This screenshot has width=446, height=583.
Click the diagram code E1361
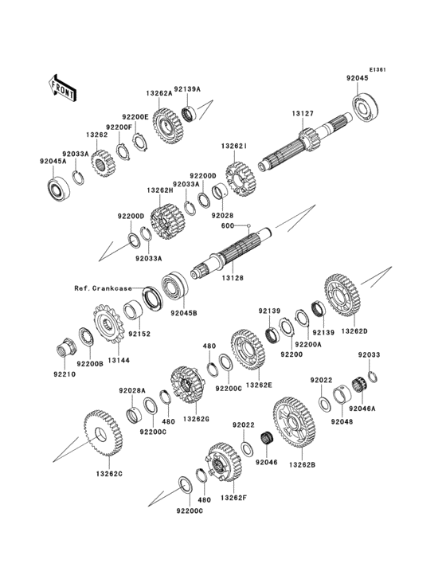coord(377,69)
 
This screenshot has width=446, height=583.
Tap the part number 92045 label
coord(357,79)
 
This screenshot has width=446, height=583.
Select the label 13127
coord(302,113)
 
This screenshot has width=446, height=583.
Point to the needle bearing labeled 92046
coord(267,440)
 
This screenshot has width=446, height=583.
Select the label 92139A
coord(187,90)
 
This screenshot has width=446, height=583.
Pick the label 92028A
coord(132,390)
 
